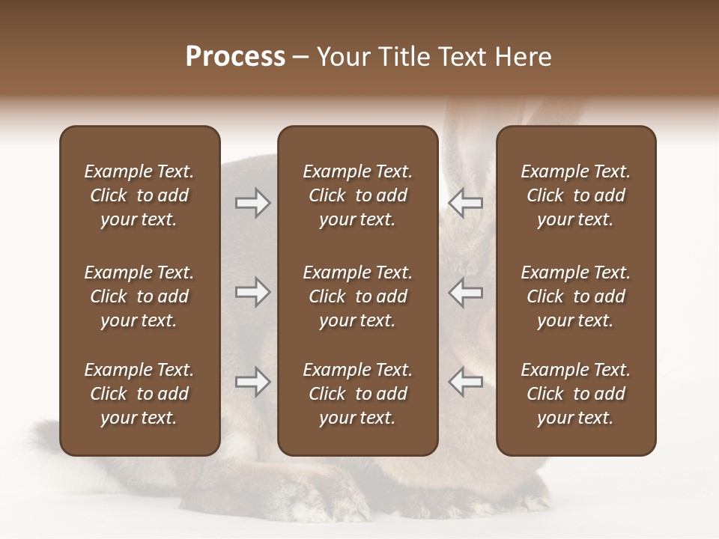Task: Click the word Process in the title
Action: click(x=235, y=57)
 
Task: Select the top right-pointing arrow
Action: click(x=253, y=203)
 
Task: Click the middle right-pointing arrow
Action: click(x=253, y=293)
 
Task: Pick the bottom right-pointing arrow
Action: click(x=253, y=383)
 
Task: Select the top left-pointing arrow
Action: click(x=465, y=203)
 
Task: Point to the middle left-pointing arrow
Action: click(x=465, y=293)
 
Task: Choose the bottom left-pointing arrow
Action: click(x=465, y=383)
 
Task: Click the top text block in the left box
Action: click(x=139, y=195)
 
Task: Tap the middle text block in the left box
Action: click(x=139, y=296)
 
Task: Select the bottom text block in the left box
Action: click(x=139, y=394)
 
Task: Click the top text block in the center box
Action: click(x=358, y=195)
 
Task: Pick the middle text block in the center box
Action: click(x=358, y=296)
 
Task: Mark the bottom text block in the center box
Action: click(x=358, y=394)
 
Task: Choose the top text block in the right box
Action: click(x=576, y=195)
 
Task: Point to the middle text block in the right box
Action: click(x=576, y=296)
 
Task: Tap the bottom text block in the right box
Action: click(x=576, y=394)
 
